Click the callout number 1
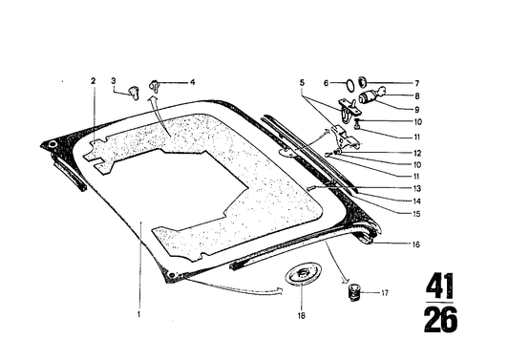click(x=139, y=312)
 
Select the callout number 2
click(x=93, y=81)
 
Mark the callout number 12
click(x=392, y=152)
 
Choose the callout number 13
click(x=392, y=188)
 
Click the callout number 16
click(x=392, y=244)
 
